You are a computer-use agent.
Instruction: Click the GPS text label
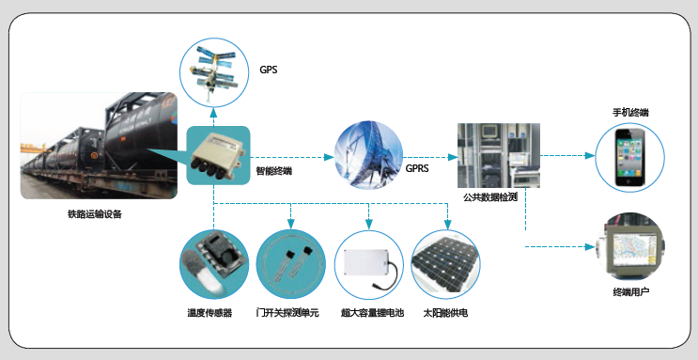point(269,70)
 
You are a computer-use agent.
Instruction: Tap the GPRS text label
point(417,168)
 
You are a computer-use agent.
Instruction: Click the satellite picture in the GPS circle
point(213,72)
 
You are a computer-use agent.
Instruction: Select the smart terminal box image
point(218,155)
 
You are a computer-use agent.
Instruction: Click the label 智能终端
point(274,171)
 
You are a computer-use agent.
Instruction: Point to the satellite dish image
point(368,155)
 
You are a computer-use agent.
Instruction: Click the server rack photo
point(499,155)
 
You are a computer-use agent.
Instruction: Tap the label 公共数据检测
point(490,197)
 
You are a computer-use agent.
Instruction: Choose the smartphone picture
point(630,157)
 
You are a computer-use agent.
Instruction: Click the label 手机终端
point(630,112)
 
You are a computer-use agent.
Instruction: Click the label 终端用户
point(630,292)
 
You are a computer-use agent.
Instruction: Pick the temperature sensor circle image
point(214,265)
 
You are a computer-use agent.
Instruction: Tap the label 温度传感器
point(209,313)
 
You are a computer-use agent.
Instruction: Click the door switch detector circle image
point(291,265)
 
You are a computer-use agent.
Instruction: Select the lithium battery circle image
point(369,265)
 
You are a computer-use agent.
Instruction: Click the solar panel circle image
point(446,265)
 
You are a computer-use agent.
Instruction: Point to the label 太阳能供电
point(445,313)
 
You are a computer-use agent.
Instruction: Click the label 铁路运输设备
point(94,214)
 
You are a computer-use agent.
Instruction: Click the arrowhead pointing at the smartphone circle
point(590,156)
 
